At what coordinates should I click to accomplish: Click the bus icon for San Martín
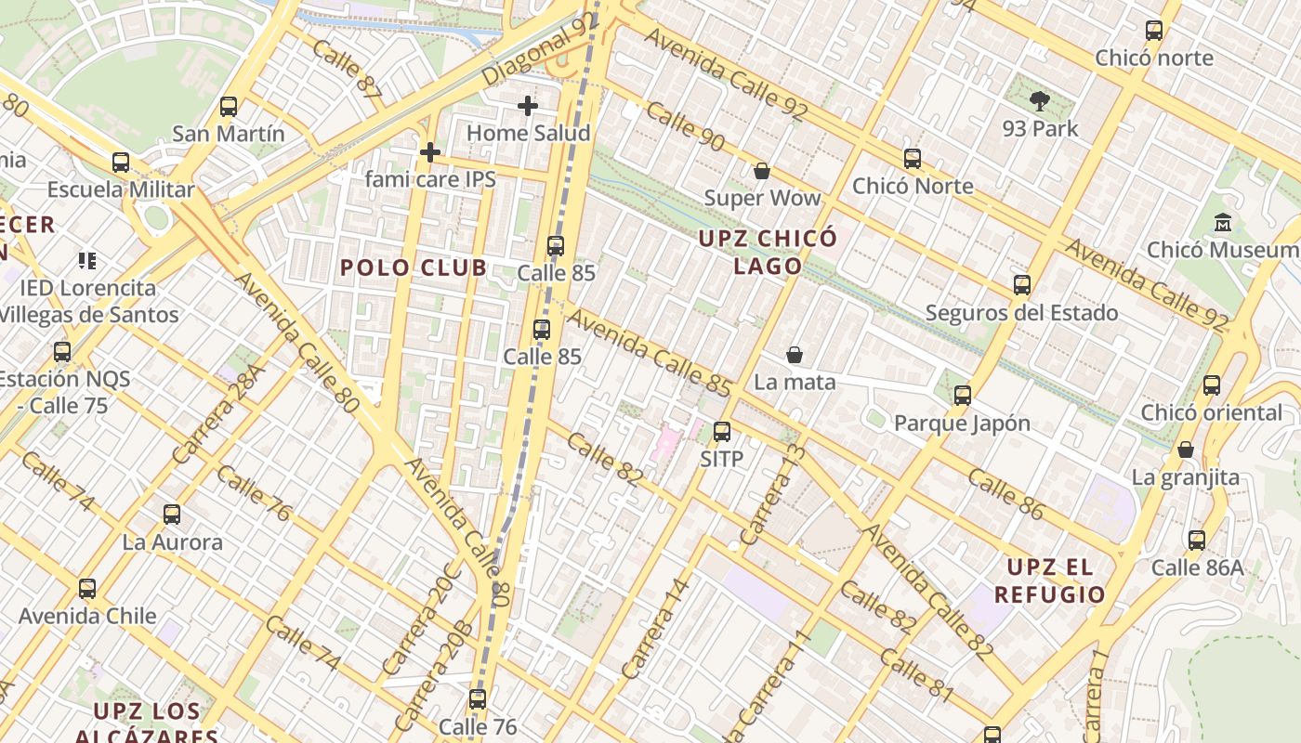pyautogui.click(x=229, y=107)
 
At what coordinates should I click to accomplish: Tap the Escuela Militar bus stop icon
pyautogui.click(x=121, y=163)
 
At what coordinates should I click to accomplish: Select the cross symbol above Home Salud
pyautogui.click(x=528, y=106)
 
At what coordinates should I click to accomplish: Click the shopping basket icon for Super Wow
pyautogui.click(x=762, y=171)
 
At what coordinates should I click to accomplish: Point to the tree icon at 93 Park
pyautogui.click(x=1040, y=100)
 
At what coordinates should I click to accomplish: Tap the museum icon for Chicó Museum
pyautogui.click(x=1223, y=223)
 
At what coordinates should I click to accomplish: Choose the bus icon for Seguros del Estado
pyautogui.click(x=1022, y=285)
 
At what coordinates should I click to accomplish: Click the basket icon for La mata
pyautogui.click(x=795, y=355)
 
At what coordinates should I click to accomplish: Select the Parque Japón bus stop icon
pyautogui.click(x=963, y=396)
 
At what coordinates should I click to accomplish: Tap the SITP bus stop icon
pyautogui.click(x=722, y=432)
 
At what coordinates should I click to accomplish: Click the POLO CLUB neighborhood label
pyautogui.click(x=413, y=268)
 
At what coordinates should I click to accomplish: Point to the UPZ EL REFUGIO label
pyautogui.click(x=1050, y=580)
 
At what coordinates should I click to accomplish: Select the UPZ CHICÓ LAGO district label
pyautogui.click(x=768, y=252)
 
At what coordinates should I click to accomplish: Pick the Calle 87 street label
pyautogui.click(x=348, y=69)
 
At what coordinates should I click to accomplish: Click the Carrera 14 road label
pyautogui.click(x=656, y=628)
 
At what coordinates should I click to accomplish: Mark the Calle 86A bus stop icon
pyautogui.click(x=1197, y=541)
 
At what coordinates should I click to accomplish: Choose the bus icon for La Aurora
pyautogui.click(x=172, y=515)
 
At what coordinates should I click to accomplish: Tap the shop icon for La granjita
pyautogui.click(x=1186, y=450)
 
